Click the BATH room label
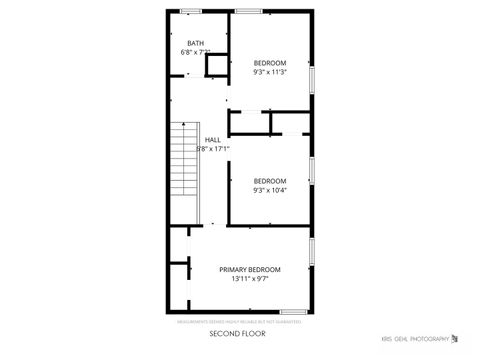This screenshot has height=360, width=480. tap(195, 43)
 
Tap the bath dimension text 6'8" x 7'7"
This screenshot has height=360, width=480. tap(195, 52)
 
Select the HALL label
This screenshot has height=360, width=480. tap(213, 140)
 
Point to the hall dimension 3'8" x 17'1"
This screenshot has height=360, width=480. tap(213, 149)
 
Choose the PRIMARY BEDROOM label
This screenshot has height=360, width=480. tap(250, 269)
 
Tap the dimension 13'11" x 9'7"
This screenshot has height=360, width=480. tap(250, 279)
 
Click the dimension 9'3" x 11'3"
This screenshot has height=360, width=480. tap(270, 72)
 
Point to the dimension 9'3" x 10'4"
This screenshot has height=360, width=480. tap(270, 190)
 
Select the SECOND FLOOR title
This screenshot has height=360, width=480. tap(238, 333)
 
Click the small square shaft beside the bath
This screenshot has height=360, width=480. tap(217, 66)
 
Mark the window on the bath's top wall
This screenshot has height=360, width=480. tap(191, 11)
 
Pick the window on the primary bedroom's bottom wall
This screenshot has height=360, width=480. tap(292, 312)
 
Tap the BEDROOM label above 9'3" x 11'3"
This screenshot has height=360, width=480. tap(270, 62)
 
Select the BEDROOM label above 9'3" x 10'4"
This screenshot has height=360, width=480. tap(270, 180)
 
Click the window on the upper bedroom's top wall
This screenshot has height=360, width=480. tap(248, 11)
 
